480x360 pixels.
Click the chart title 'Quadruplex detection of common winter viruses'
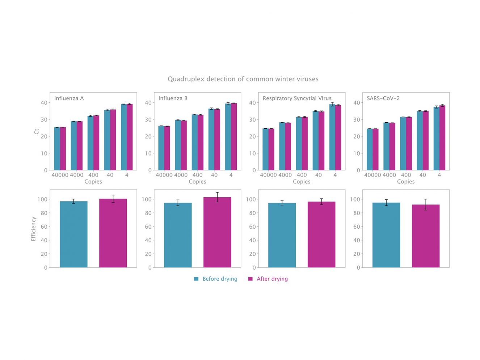[243, 79]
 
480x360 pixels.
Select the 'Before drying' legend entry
[219, 279]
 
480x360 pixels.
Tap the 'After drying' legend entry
[272, 279]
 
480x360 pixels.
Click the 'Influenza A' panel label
[69, 98]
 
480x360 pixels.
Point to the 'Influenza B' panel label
[173, 98]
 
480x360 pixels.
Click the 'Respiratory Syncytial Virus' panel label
[297, 98]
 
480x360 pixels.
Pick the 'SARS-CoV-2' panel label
[383, 98]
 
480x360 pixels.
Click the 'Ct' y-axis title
[36, 131]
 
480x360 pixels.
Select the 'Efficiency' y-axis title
[33, 229]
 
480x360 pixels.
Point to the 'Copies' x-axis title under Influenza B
[197, 182]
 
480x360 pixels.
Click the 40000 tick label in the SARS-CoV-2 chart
[372, 175]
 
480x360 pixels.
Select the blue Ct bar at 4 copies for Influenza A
[124, 137]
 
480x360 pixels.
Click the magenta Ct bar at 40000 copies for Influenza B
[167, 148]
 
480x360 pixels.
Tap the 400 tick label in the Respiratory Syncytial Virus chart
[302, 175]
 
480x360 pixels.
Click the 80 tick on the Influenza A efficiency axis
[44, 213]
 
